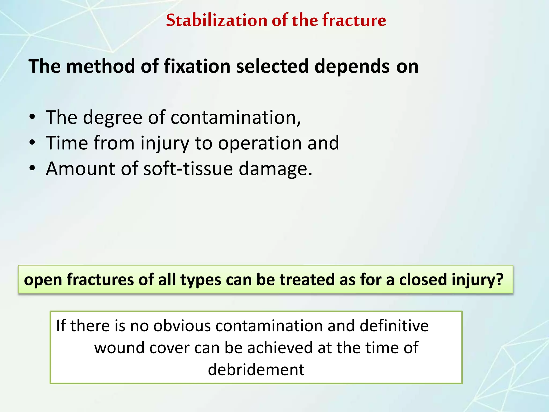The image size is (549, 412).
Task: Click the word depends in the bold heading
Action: click(x=352, y=67)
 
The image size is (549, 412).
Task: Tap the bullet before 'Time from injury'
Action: click(x=32, y=143)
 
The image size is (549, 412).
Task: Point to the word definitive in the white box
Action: click(x=394, y=326)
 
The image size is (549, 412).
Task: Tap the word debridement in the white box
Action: click(x=256, y=370)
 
